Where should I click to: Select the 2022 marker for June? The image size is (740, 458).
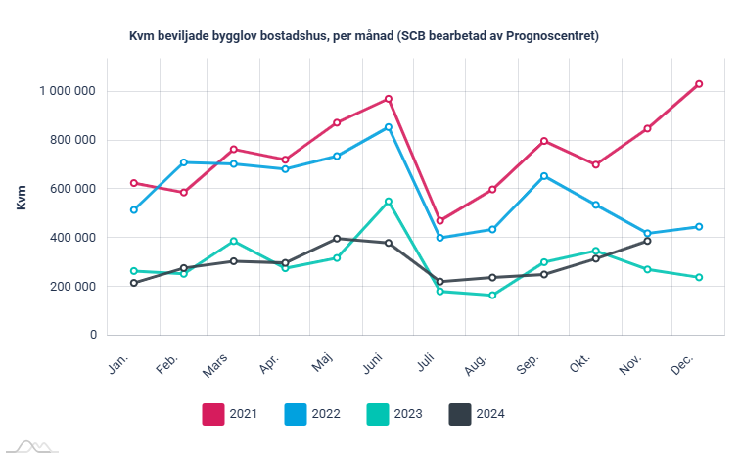tap(389, 127)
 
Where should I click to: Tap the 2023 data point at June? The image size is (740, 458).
tap(389, 202)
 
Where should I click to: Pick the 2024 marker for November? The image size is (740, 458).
tap(647, 241)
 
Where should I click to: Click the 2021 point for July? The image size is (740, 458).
tap(440, 220)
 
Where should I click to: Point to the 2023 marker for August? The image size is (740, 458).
tap(492, 295)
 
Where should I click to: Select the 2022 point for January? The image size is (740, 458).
tap(134, 209)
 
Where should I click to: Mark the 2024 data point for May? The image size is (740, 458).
tap(337, 239)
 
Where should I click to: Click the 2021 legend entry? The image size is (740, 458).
tap(229, 414)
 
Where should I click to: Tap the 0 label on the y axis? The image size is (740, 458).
tap(93, 335)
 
